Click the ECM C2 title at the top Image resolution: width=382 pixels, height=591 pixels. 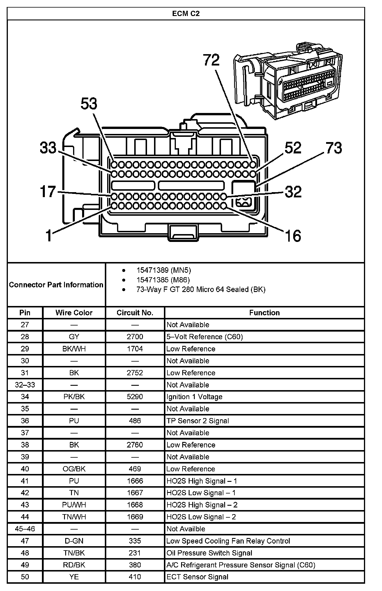186,14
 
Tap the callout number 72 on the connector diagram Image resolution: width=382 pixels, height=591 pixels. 211,60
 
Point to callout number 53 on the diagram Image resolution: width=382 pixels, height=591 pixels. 89,104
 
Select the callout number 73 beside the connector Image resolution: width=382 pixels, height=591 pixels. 334,148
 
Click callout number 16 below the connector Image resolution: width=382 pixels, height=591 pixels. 293,236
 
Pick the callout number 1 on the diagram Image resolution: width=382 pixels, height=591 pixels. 49,236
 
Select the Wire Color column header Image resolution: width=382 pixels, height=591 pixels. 74,313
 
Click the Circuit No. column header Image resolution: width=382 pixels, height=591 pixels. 135,313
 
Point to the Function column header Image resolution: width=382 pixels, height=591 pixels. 264,313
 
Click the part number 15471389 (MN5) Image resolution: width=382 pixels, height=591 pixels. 164,270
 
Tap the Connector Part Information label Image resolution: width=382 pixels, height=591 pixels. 56,284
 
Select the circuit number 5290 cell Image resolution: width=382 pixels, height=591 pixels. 135,397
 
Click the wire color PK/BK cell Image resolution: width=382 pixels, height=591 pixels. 74,397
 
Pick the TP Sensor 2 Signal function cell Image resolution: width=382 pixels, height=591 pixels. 198,421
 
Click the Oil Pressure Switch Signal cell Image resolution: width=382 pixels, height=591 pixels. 209,553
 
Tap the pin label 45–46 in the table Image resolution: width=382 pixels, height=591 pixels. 25,529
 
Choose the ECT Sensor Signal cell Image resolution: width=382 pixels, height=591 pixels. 197,577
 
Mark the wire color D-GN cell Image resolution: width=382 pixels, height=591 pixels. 74,541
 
